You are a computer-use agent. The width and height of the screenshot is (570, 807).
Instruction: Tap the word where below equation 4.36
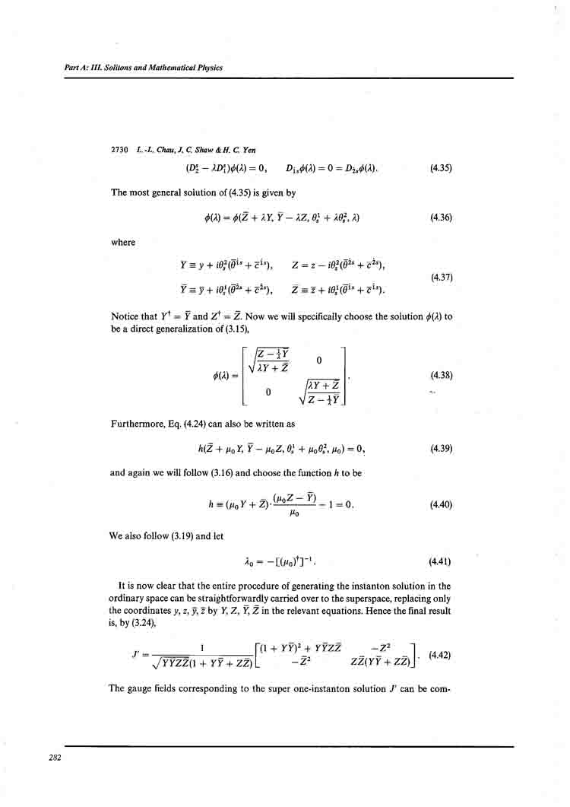tap(122, 243)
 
